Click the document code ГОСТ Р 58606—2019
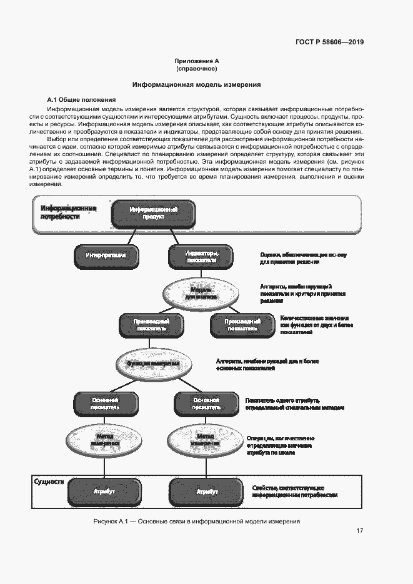[x=329, y=42]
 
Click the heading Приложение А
[x=196, y=61]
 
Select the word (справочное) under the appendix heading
[x=196, y=69]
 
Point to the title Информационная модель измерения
[x=196, y=84]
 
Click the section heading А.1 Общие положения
[x=82, y=100]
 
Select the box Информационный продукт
[x=154, y=214]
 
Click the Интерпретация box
[x=106, y=255]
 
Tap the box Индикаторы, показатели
[x=201, y=256]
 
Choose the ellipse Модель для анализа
[x=202, y=293]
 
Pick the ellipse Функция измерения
[x=153, y=363]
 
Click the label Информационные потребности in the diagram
[x=68, y=212]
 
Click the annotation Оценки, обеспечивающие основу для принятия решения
[x=302, y=258]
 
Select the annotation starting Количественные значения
[x=317, y=325]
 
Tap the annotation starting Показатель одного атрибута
[x=294, y=403]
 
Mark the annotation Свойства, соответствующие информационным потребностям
[x=294, y=491]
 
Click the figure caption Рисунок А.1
[x=196, y=520]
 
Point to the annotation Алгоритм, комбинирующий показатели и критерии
[x=302, y=294]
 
